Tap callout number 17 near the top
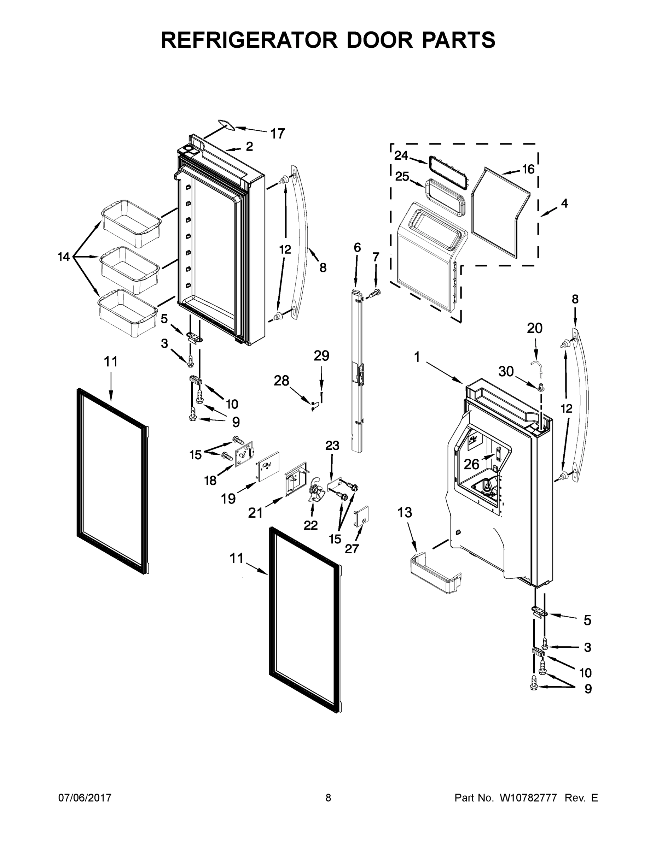point(278,134)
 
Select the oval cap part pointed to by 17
point(226,124)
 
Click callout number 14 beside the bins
point(64,257)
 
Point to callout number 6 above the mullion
point(357,247)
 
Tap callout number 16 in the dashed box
point(528,169)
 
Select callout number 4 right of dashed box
point(564,203)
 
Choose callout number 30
point(506,372)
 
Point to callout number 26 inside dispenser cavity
point(471,464)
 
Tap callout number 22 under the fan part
point(310,525)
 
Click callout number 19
point(228,499)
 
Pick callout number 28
point(281,381)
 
